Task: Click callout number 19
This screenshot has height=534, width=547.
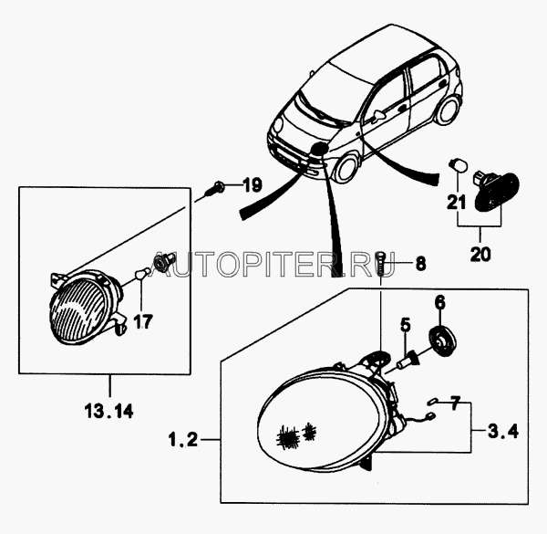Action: tap(253, 184)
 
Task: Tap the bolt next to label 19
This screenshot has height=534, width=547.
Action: tap(215, 188)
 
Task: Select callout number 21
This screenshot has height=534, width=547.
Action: tap(457, 202)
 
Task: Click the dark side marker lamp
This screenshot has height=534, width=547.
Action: tap(497, 191)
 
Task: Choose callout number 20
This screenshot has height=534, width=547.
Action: tap(480, 254)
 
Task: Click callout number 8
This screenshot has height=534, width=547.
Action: tap(420, 263)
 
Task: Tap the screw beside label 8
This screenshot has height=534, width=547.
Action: tap(380, 263)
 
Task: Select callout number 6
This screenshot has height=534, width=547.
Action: tap(440, 302)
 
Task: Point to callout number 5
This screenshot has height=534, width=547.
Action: tap(406, 325)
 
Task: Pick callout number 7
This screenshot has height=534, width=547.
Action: tap(455, 403)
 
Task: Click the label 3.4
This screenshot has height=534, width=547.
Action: tap(503, 431)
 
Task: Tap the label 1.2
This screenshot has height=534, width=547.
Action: tap(183, 439)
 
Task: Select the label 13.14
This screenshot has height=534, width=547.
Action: tap(108, 411)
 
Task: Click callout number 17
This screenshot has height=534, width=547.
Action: tap(143, 321)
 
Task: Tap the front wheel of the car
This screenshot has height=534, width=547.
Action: tap(346, 169)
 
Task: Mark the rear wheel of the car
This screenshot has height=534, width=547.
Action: tap(447, 110)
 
